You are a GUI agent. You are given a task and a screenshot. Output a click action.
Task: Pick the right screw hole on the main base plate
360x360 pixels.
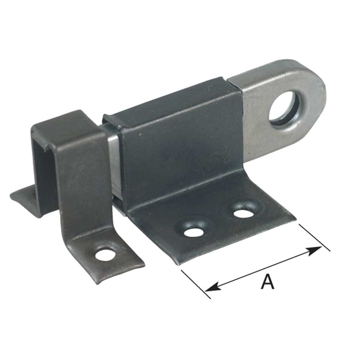(x=242, y=211)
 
